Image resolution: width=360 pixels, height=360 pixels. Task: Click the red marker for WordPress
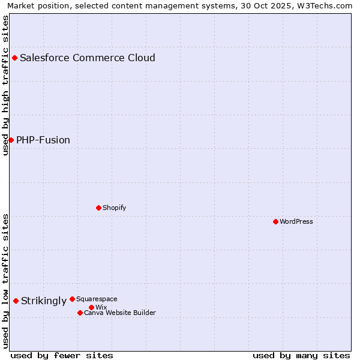(x=275, y=221)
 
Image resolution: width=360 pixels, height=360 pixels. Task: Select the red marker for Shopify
(x=98, y=208)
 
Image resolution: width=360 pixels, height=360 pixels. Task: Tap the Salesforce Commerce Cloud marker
(x=14, y=58)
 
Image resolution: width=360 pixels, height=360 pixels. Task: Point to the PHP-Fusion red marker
(x=11, y=140)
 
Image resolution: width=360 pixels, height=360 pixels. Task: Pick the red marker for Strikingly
(x=16, y=301)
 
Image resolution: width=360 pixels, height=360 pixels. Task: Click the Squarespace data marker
(x=72, y=299)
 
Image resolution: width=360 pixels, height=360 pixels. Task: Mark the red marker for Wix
(x=91, y=307)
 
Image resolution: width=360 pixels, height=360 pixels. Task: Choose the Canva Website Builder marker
(x=80, y=313)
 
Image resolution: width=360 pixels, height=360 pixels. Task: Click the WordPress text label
(x=296, y=221)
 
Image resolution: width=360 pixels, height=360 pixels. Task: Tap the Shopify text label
(x=114, y=208)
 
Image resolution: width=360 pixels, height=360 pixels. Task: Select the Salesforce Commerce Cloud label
(x=88, y=58)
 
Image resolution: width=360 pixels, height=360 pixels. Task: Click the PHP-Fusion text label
(x=43, y=140)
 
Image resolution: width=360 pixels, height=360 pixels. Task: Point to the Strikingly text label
(x=44, y=301)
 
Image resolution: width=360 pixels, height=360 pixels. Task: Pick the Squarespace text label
(x=97, y=299)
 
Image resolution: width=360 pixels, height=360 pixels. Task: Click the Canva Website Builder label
(x=120, y=313)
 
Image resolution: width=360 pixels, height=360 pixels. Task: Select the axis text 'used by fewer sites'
(x=62, y=355)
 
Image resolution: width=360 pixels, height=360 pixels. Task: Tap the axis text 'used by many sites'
(x=301, y=355)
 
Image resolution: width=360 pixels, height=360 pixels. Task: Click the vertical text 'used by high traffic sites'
(x=5, y=85)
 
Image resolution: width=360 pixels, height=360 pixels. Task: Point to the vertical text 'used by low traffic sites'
(x=5, y=280)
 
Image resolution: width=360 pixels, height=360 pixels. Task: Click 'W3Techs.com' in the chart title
(x=325, y=5)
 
